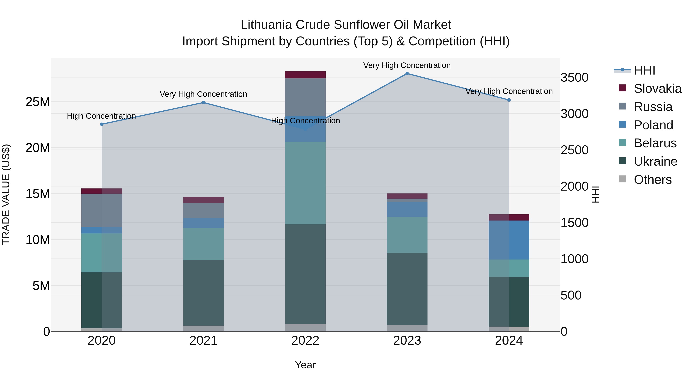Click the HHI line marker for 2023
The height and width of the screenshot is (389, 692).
[407, 74]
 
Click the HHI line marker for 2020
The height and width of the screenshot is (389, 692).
[101, 124]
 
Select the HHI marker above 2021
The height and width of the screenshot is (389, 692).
[203, 103]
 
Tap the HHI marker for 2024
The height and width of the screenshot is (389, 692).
[509, 100]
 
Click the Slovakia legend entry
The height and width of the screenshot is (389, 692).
[657, 89]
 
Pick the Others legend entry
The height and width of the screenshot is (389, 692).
[653, 180]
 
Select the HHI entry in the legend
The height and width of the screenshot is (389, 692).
[645, 70]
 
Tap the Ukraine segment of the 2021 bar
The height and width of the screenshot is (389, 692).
[203, 293]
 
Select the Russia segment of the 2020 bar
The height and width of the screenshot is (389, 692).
[101, 210]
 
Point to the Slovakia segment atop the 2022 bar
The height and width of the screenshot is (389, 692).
[305, 75]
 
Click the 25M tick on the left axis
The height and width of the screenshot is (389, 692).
[38, 102]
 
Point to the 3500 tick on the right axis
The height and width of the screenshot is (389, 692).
[575, 78]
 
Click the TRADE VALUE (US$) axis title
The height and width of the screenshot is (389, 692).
[6, 194]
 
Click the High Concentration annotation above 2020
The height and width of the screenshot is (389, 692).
[101, 116]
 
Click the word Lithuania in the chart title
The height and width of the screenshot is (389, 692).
[266, 25]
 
